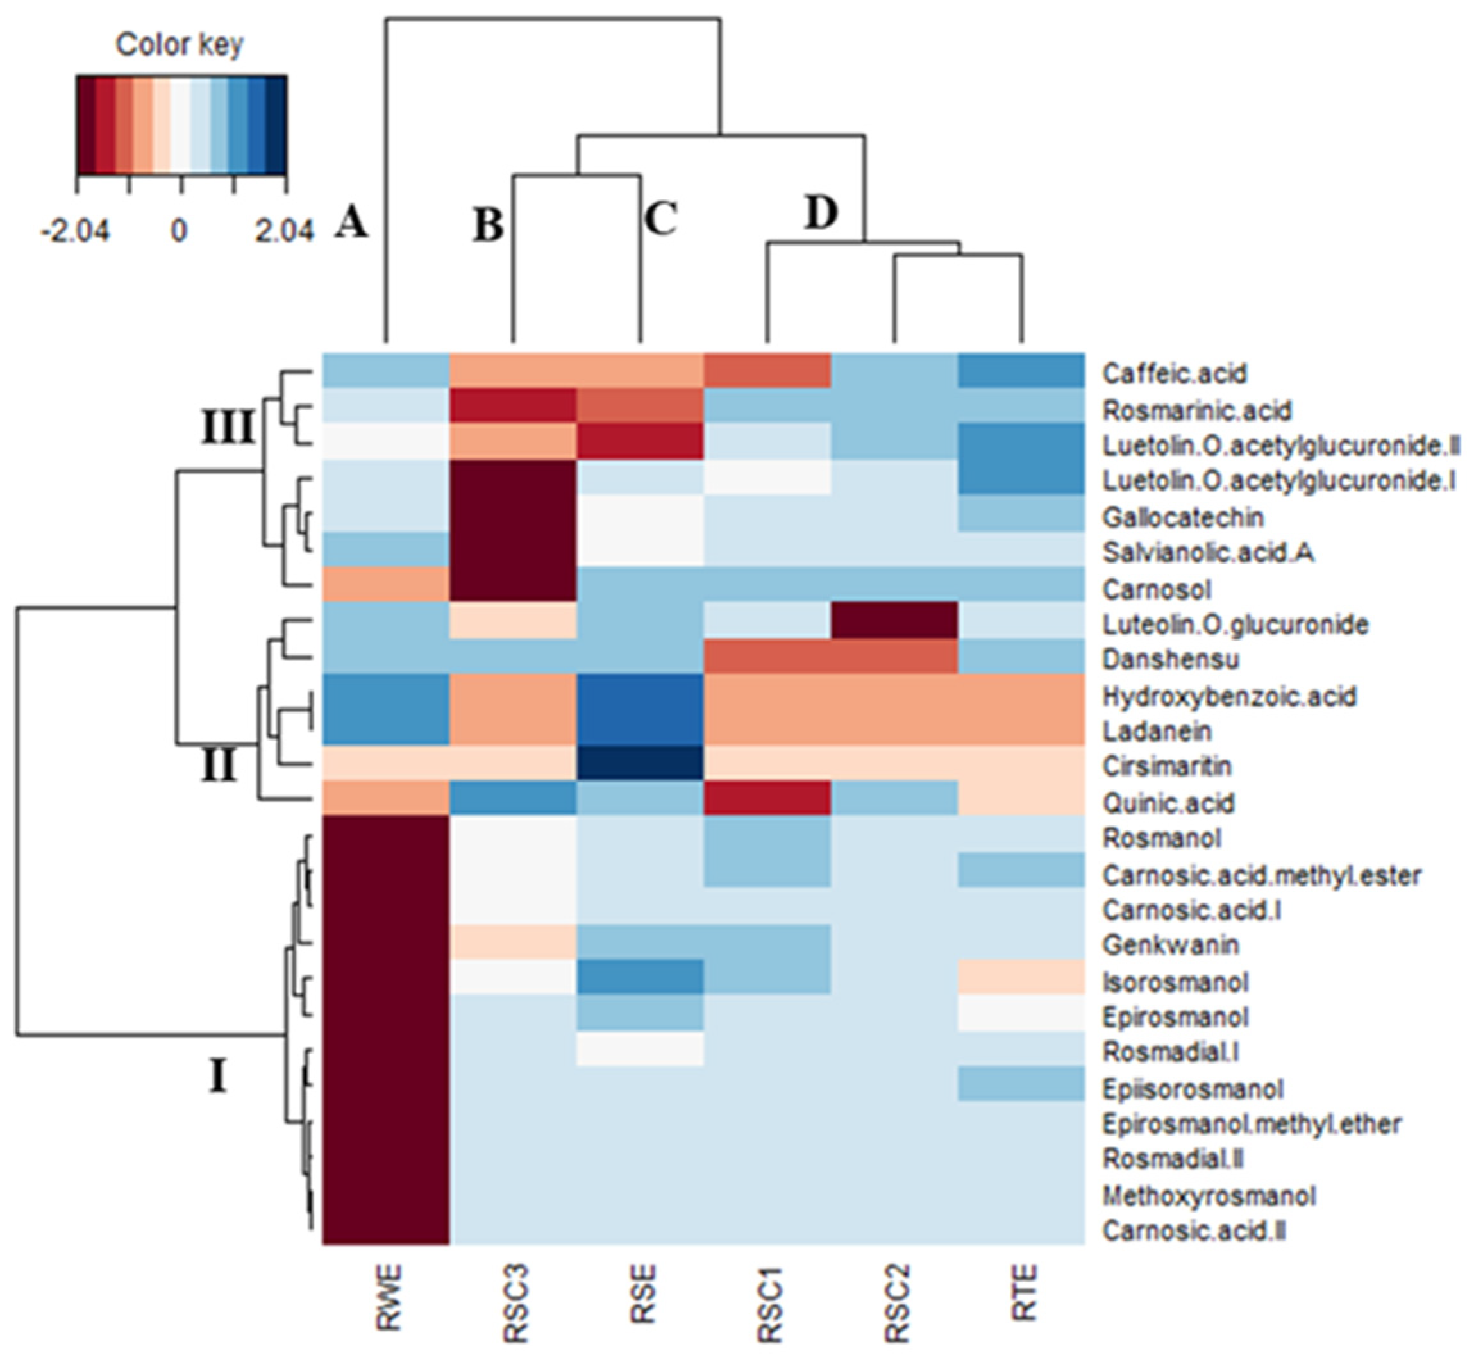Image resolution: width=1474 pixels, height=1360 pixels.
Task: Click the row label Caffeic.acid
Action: tap(1174, 374)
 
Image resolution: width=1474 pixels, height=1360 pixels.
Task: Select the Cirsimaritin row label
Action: tap(1166, 767)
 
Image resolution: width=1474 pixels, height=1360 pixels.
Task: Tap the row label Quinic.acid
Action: tap(1168, 803)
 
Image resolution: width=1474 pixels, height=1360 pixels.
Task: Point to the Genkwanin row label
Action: tap(1170, 946)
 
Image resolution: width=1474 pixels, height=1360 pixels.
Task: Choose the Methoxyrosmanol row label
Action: tap(1209, 1196)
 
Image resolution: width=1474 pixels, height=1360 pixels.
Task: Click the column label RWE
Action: tap(389, 1297)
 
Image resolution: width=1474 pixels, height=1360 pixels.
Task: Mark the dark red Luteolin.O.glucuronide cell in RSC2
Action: tap(895, 623)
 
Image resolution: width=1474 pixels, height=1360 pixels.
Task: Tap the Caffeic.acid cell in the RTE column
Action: tap(1021, 373)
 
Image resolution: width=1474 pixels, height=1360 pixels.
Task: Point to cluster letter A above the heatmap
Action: tap(351, 223)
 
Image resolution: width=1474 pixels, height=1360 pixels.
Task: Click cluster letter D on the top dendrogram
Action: tap(821, 214)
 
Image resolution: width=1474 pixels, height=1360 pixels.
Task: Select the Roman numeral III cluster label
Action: tap(228, 428)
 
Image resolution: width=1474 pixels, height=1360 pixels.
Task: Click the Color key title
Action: tap(180, 46)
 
